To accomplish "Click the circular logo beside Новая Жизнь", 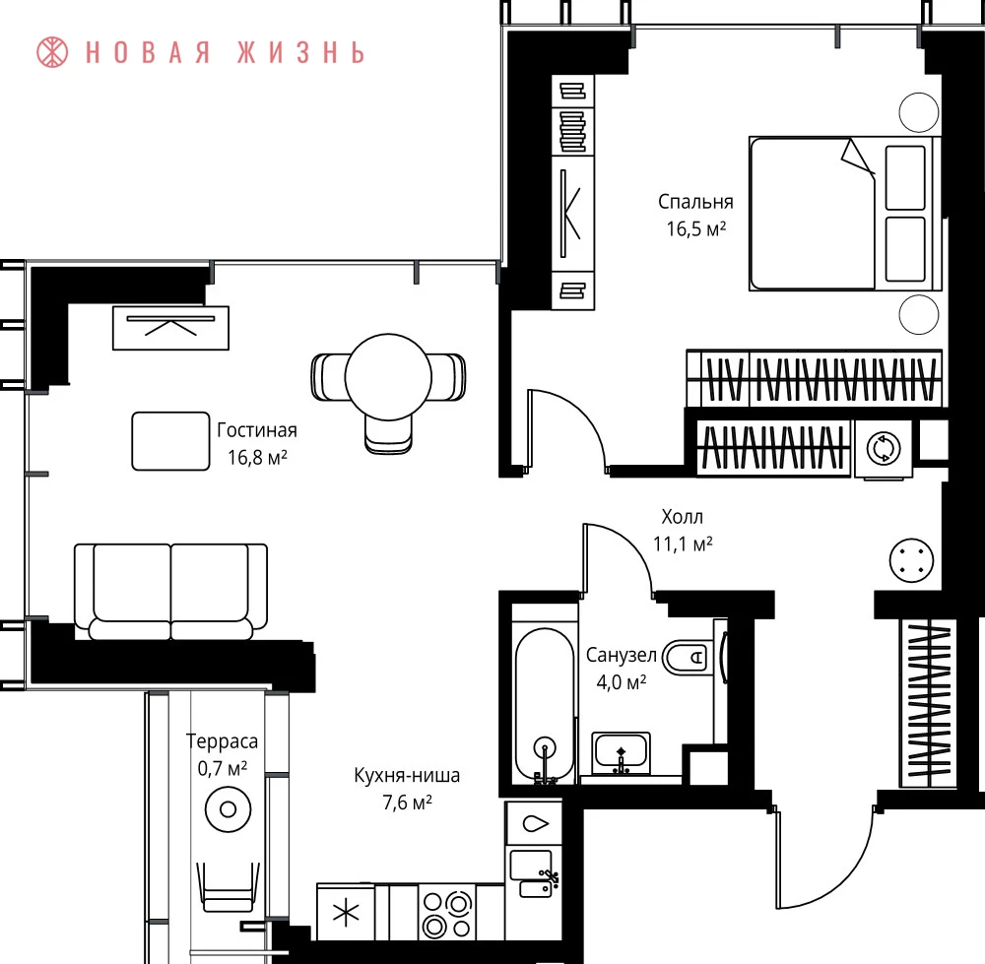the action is click(x=52, y=52).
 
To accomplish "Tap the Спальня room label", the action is click(x=695, y=202).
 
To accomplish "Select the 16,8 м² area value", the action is click(x=257, y=457).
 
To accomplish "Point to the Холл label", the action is click(x=683, y=517).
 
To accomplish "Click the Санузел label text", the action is click(x=622, y=655).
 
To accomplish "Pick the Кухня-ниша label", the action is click(x=407, y=776).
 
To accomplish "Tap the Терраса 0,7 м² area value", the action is click(x=223, y=768).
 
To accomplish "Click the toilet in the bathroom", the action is click(x=689, y=658).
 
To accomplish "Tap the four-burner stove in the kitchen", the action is click(x=446, y=913).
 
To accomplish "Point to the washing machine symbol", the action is click(x=884, y=448).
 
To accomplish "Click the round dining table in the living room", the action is click(x=388, y=377).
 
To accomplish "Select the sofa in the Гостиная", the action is click(x=170, y=592).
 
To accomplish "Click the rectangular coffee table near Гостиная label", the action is click(x=170, y=441).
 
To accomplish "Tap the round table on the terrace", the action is click(x=229, y=809).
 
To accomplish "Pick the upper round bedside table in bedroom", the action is click(x=919, y=112).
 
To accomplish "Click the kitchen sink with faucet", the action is click(x=534, y=873).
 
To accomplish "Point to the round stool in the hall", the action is click(x=911, y=560).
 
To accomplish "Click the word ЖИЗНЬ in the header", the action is click(x=300, y=53).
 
